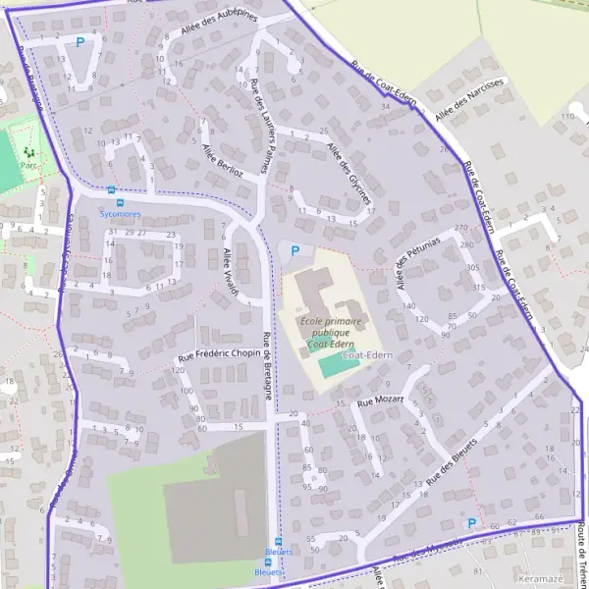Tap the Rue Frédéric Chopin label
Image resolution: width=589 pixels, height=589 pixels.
pyautogui.click(x=219, y=353)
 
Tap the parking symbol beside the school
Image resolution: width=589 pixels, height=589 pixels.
pyautogui.click(x=294, y=252)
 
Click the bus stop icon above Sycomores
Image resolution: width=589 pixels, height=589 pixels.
pyautogui.click(x=111, y=190)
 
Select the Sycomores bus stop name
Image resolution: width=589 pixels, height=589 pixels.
pyautogui.click(x=121, y=213)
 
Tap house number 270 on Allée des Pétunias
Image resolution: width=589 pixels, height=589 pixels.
pyautogui.click(x=460, y=227)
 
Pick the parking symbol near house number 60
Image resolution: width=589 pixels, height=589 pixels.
pyautogui.click(x=471, y=524)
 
